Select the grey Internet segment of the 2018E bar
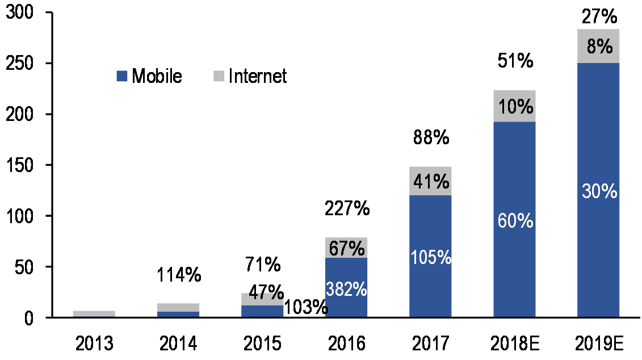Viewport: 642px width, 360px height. (514, 106)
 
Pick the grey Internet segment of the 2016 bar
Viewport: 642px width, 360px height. (346, 248)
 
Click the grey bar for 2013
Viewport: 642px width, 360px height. (94, 313)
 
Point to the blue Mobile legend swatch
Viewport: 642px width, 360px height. (122, 76)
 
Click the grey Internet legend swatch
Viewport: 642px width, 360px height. (219, 76)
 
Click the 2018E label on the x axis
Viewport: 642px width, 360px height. (514, 344)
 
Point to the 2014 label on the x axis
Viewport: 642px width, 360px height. (178, 344)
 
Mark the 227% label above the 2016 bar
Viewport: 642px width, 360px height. (347, 209)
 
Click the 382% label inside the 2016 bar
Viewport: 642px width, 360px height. (347, 289)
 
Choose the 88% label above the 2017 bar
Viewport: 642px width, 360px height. (431, 137)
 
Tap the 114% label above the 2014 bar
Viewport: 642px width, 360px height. (178, 275)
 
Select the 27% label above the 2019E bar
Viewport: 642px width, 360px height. (598, 18)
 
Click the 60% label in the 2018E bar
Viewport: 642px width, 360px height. (515, 220)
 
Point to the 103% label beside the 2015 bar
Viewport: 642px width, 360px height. (306, 307)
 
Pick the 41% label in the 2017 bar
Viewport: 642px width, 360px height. (431, 181)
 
